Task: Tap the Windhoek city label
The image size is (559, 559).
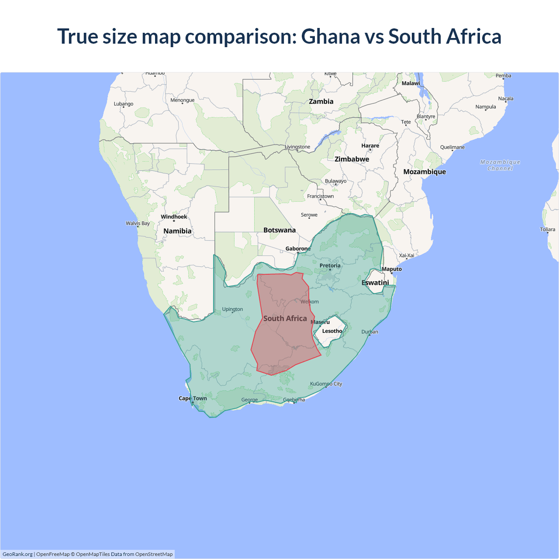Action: [174, 217]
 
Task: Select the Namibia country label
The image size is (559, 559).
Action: [177, 231]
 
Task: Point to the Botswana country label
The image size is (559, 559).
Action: [279, 230]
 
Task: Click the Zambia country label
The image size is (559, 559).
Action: [321, 101]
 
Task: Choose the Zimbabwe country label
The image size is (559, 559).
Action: [352, 159]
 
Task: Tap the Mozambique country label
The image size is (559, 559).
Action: [424, 172]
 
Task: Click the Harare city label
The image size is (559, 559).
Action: [370, 145]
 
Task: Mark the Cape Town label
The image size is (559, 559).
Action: [193, 398]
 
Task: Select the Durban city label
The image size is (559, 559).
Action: [370, 332]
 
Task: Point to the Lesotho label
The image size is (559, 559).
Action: [332, 331]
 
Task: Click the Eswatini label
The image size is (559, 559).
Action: [375, 283]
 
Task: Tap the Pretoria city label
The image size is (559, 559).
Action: [330, 266]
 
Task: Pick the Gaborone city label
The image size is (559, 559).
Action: [298, 248]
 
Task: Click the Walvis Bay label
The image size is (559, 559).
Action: [138, 223]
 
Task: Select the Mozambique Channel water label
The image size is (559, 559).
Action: [500, 165]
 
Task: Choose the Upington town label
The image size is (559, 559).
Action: [232, 309]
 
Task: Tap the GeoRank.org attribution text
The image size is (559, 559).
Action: [17, 554]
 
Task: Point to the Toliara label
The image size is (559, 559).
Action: [547, 229]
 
